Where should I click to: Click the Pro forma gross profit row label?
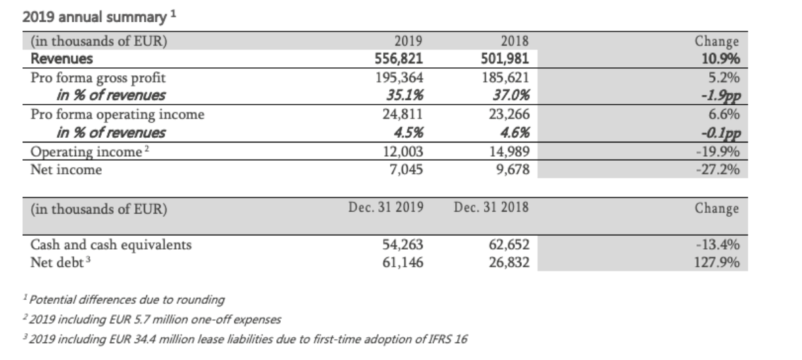[x=99, y=78]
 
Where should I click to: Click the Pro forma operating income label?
[x=118, y=115]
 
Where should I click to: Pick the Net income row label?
[x=66, y=171]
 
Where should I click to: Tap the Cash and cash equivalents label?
[x=111, y=245]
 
